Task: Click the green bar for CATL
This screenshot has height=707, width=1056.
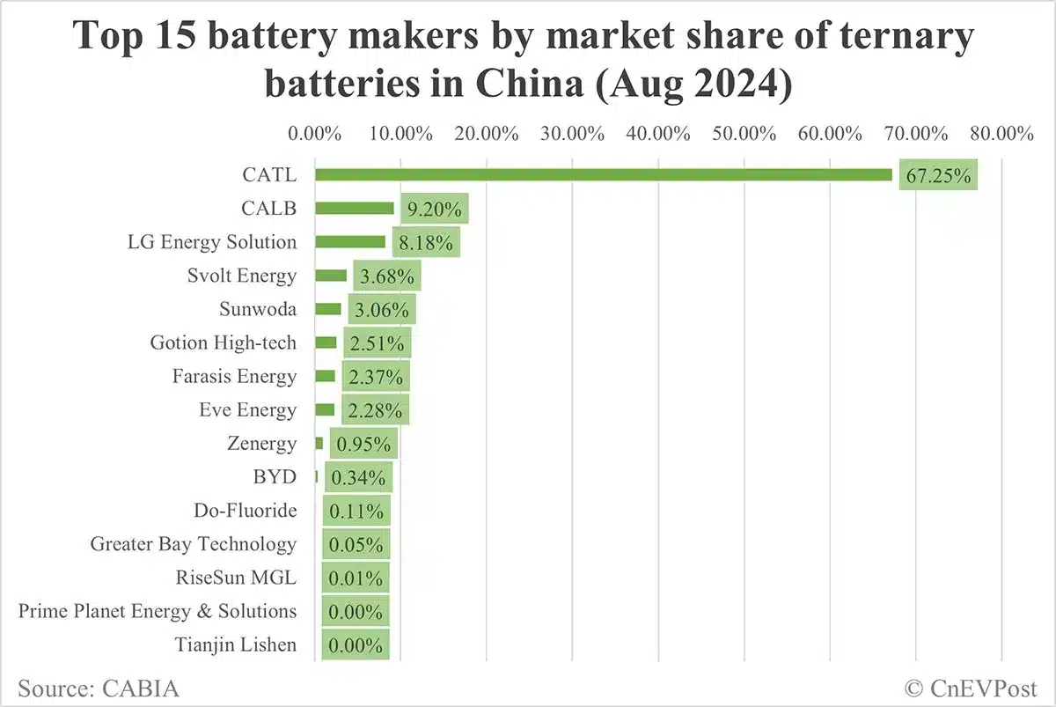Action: (x=603, y=175)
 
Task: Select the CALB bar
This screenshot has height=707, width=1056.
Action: (x=354, y=209)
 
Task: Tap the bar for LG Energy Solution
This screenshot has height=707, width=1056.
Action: (x=349, y=242)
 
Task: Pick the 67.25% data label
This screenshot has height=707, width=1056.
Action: (x=938, y=175)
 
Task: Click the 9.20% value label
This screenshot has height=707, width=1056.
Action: (x=430, y=209)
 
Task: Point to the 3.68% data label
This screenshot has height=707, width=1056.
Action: (x=386, y=276)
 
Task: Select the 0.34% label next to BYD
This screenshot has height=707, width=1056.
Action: (x=357, y=478)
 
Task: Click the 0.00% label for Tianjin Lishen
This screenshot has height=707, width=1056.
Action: (x=356, y=644)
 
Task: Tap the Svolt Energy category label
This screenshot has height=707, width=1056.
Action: (x=241, y=276)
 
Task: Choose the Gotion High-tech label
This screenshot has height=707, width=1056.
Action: (x=224, y=342)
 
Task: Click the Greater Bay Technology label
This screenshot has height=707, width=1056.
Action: (x=193, y=544)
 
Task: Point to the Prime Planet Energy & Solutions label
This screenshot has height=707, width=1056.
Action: (x=158, y=611)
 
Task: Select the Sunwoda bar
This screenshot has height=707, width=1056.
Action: (x=327, y=309)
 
